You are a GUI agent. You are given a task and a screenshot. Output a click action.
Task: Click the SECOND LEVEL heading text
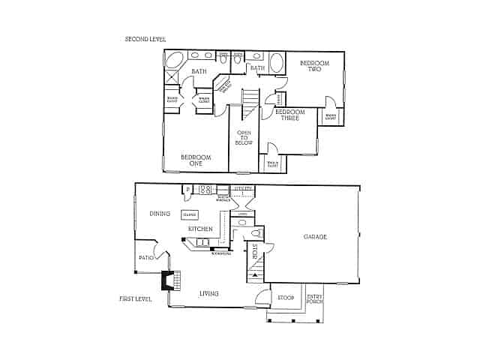[x=145, y=39]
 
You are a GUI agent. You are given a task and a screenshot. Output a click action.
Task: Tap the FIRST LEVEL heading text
[x=136, y=298]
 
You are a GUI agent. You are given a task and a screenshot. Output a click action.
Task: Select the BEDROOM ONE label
[x=196, y=160]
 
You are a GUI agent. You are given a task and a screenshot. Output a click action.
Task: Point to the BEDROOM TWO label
[x=315, y=67]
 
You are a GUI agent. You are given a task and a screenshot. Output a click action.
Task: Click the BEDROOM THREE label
[x=289, y=115]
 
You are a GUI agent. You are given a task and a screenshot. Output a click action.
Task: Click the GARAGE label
[x=315, y=237]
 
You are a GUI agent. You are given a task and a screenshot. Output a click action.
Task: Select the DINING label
[x=160, y=214]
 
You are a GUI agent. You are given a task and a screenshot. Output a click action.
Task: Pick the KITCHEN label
[x=200, y=229]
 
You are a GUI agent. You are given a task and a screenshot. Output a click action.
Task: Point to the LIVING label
[x=209, y=293]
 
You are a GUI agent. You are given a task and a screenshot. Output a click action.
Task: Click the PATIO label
[x=146, y=258]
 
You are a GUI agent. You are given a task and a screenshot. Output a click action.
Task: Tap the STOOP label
[x=286, y=297]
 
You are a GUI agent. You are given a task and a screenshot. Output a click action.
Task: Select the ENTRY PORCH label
[x=315, y=299]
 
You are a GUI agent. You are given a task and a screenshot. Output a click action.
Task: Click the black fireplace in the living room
[x=166, y=280]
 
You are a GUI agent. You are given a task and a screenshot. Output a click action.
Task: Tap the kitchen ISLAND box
[x=190, y=214]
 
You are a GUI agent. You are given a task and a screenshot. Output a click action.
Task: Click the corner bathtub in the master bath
[x=175, y=60]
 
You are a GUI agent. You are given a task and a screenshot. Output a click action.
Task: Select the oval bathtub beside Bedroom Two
[x=277, y=63]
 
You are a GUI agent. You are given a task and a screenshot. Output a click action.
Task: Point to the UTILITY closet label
[x=243, y=189]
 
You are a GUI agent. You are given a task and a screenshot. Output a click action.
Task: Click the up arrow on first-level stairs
[x=256, y=275]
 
